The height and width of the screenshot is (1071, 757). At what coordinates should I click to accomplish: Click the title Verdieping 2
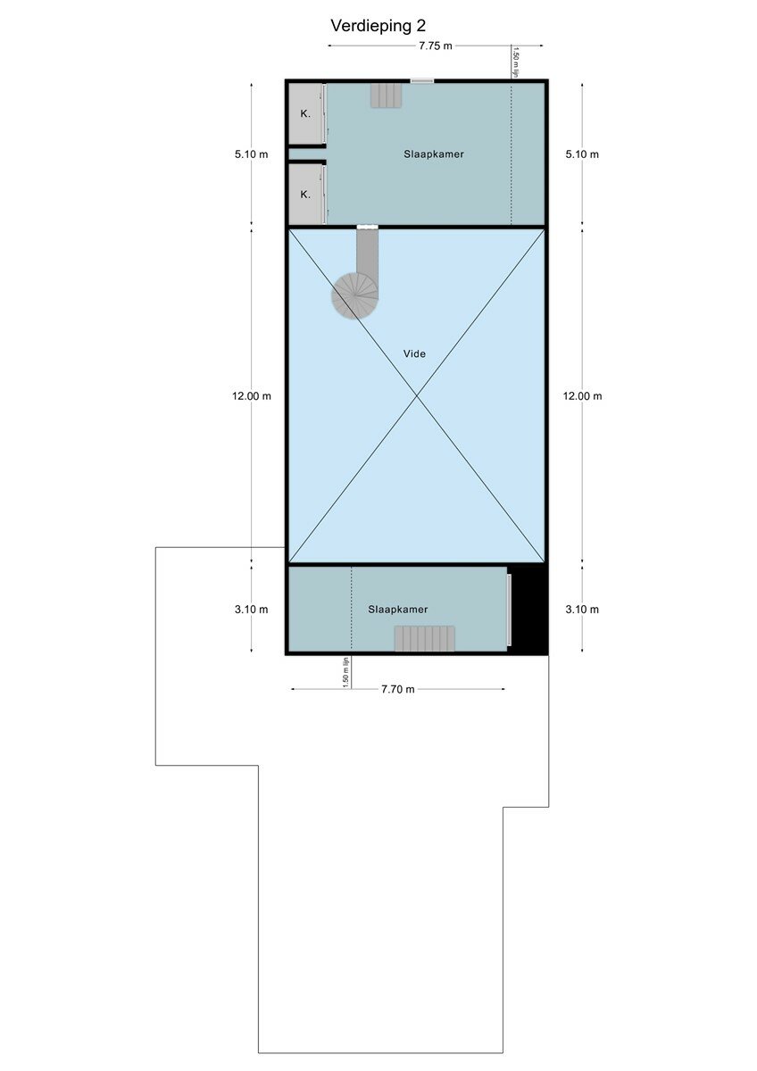point(378,26)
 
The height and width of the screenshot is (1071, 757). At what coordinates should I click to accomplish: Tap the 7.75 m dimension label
point(435,46)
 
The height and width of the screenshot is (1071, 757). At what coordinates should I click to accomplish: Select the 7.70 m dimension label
point(398,689)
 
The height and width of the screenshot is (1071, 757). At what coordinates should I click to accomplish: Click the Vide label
point(414,353)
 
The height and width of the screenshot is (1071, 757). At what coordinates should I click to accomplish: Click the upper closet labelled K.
point(305,114)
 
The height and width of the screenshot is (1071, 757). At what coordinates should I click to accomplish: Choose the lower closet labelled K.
point(305,195)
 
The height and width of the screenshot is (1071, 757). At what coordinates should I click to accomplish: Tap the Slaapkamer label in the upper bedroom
point(434,154)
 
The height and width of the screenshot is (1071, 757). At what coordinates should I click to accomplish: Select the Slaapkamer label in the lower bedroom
point(398,609)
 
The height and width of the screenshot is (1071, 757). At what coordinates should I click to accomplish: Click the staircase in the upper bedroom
point(386,95)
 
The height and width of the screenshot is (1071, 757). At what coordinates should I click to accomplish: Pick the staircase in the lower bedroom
point(425,638)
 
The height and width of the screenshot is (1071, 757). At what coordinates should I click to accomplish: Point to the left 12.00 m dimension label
point(252,396)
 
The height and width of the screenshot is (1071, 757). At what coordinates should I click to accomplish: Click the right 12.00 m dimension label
point(582,396)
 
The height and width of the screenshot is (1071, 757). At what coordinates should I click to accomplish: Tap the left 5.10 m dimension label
point(252,154)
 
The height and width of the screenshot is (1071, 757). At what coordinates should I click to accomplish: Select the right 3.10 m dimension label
point(582,609)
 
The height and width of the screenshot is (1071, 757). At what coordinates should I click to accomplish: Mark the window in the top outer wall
point(422,81)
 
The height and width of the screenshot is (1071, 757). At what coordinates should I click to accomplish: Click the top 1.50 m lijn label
point(515,62)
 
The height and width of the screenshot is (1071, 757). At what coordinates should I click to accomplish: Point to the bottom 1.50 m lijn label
point(346,672)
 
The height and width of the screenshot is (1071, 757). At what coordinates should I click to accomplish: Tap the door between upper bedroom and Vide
point(367,227)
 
